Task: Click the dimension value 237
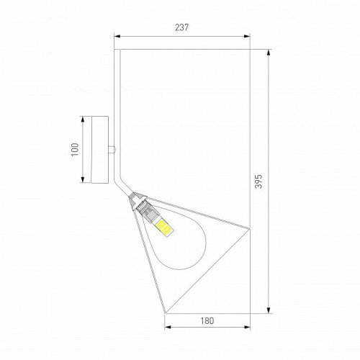(x=181, y=28)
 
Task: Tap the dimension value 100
(x=74, y=149)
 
